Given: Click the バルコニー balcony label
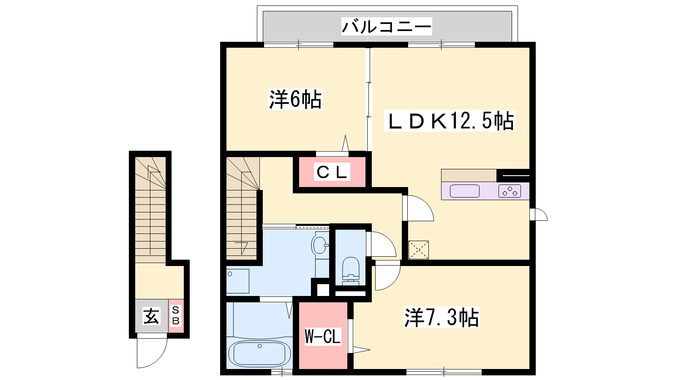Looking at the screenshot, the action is coord(387,27).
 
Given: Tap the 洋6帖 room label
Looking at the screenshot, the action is coord(295,99).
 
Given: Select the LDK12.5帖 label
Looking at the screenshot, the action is coord(450,121).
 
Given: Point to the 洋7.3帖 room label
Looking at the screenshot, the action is coord(442,317).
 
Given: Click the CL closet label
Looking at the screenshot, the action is coord(332,172).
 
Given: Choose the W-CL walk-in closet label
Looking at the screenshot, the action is coord(323,337).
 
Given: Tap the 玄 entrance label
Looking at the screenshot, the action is coord(151,316).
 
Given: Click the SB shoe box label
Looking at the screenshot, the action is coord(176,315).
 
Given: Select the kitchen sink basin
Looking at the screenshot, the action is coord(464,191).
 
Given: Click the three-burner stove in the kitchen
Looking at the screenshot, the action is coord(510,191).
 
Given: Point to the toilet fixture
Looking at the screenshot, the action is coord(350,269).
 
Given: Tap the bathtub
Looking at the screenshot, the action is coord(259,354).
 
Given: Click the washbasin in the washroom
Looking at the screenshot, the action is coord(320,245).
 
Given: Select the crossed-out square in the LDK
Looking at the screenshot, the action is coord(419,250).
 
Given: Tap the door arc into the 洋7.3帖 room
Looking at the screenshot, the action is coord(393,282).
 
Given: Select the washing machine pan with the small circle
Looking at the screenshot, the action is coord(237,281).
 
